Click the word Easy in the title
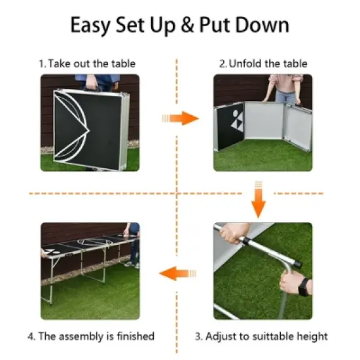pos(96,26)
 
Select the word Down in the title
pos(262,26)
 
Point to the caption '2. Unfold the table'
pos(262,63)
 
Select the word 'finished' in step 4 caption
pos(133,336)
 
